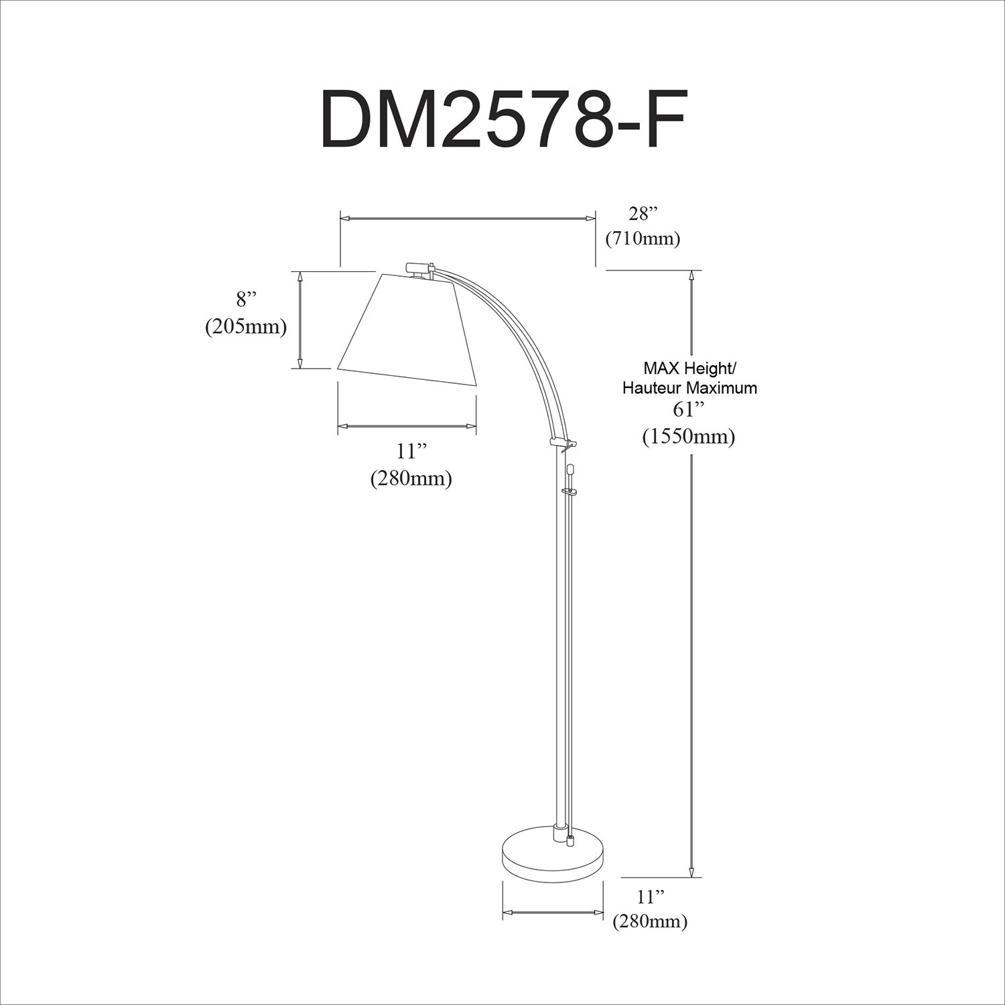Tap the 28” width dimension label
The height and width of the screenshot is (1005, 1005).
pyautogui.click(x=643, y=214)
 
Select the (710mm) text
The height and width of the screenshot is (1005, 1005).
pyautogui.click(x=643, y=239)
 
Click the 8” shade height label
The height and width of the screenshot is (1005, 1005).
pyautogui.click(x=246, y=299)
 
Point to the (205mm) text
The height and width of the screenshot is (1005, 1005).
pyautogui.click(x=246, y=326)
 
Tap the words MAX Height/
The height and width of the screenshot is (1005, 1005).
pyautogui.click(x=689, y=368)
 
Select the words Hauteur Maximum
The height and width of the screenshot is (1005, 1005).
pyautogui.click(x=689, y=388)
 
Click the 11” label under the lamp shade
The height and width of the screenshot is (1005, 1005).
pyautogui.click(x=411, y=452)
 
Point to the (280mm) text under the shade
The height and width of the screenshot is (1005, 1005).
pyautogui.click(x=411, y=479)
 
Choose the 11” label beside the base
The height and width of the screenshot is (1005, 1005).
pyautogui.click(x=650, y=896)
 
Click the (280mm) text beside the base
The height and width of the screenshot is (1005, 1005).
pyautogui.click(x=650, y=921)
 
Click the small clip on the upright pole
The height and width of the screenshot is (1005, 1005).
pyautogui.click(x=569, y=492)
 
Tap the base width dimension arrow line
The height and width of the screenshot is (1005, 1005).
pyautogui.click(x=553, y=912)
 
